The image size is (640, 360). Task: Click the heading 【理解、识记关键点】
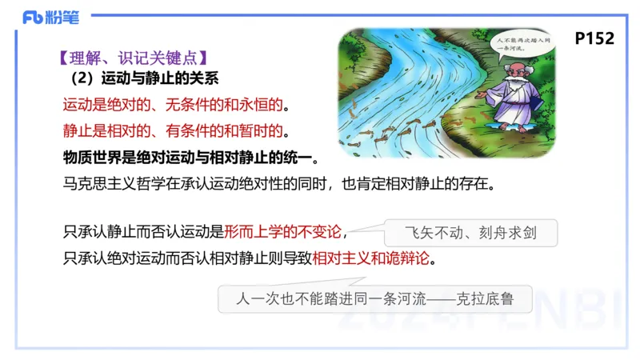(134, 58)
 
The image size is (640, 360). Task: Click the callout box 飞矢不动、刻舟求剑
(470, 234)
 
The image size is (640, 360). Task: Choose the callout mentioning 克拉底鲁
(374, 301)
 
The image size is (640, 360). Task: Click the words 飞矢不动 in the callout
(433, 234)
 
